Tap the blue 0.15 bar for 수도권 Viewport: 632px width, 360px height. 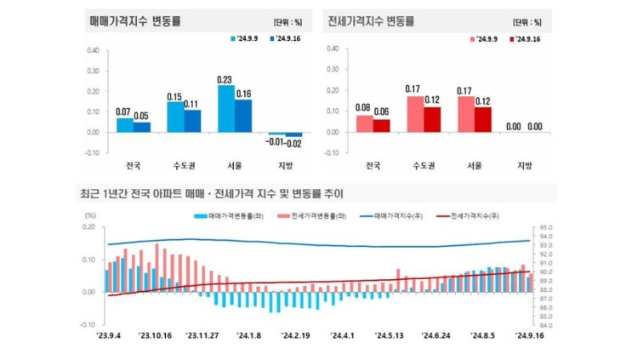pyautogui.click(x=174, y=117)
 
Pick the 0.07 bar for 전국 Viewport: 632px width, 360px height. pyautogui.click(x=124, y=125)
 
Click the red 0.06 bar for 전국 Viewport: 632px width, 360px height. pyautogui.click(x=381, y=126)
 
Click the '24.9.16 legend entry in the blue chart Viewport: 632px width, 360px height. pyautogui.click(x=287, y=38)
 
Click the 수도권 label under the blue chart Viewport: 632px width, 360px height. pyautogui.click(x=183, y=165)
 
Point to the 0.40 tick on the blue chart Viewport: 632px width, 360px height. pyautogui.click(x=93, y=49)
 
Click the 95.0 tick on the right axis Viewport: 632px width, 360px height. pyautogui.click(x=547, y=228)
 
